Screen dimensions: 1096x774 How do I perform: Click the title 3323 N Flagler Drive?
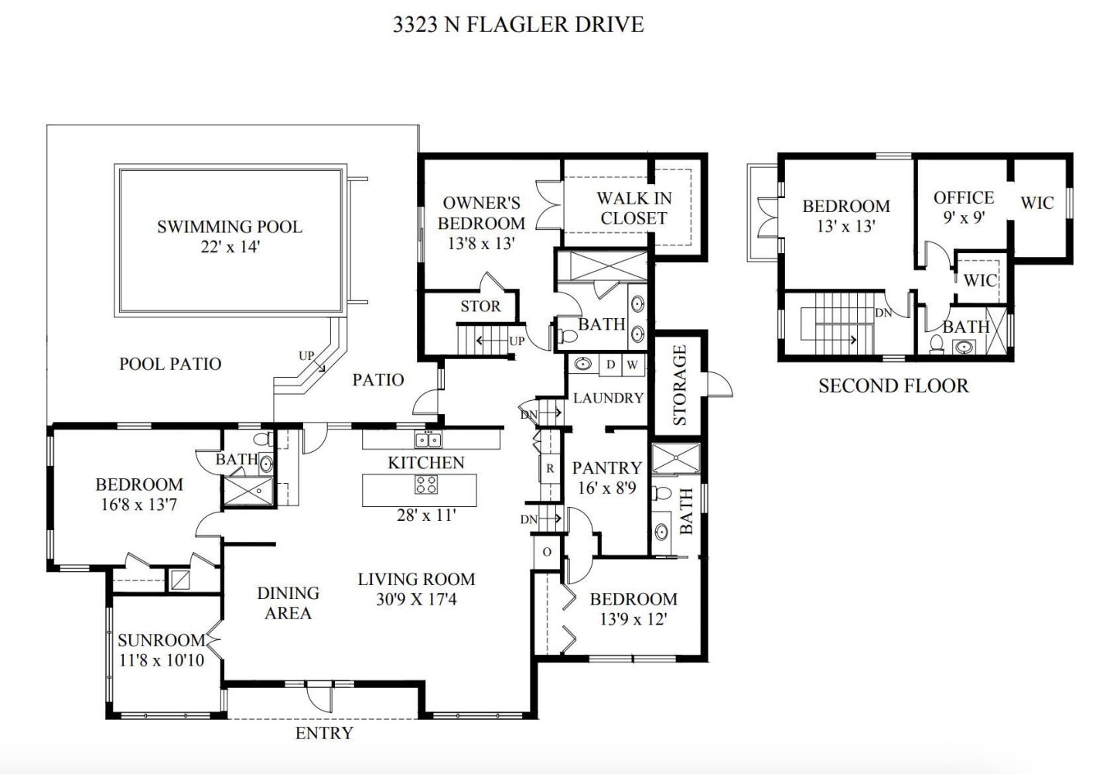click(x=518, y=25)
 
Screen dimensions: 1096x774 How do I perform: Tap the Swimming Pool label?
click(x=230, y=227)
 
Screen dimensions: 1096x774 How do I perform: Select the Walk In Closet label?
click(x=633, y=208)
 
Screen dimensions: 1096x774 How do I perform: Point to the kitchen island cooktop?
click(x=425, y=485)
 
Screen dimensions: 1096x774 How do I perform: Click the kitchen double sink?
click(x=428, y=440)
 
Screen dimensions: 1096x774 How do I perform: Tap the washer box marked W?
click(x=633, y=365)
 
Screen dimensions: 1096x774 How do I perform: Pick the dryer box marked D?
click(x=610, y=365)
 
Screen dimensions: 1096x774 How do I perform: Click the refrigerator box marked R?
click(x=550, y=468)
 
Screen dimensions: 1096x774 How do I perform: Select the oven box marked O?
click(x=547, y=552)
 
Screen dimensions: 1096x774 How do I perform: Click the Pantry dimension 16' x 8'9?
click(x=606, y=488)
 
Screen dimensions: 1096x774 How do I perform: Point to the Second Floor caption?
click(x=893, y=385)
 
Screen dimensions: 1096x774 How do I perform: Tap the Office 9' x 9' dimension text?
click(x=964, y=217)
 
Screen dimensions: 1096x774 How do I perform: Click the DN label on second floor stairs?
click(x=883, y=313)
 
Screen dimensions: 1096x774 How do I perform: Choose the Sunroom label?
click(x=162, y=640)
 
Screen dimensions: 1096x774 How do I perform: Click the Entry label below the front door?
click(x=324, y=733)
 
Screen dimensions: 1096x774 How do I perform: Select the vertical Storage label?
click(x=680, y=385)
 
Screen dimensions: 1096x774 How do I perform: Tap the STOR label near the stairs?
click(x=480, y=307)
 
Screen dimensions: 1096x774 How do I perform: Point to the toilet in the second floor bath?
click(x=937, y=344)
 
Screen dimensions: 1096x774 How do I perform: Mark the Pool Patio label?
click(x=170, y=364)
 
